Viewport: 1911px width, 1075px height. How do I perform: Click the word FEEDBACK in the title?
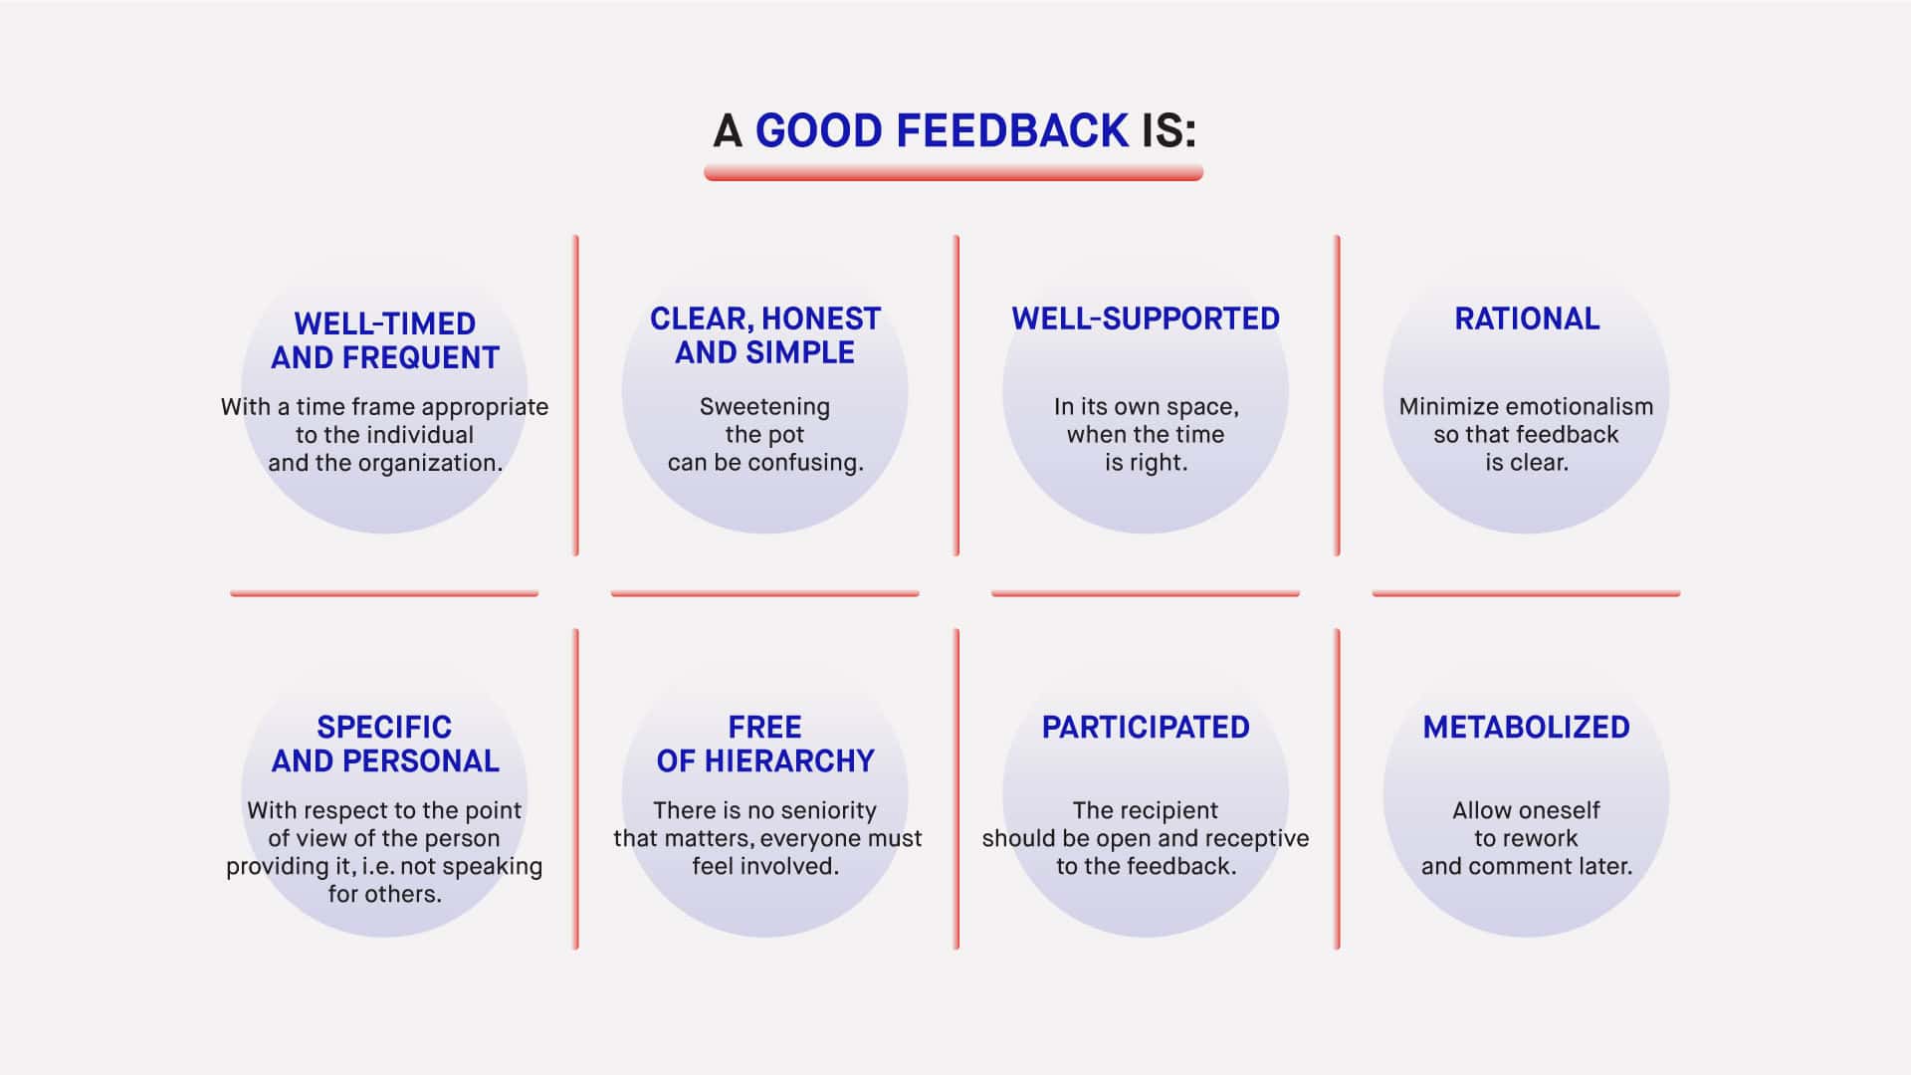(x=1012, y=131)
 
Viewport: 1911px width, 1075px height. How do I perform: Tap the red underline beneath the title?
(x=954, y=173)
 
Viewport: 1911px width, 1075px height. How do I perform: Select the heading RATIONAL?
(x=1527, y=319)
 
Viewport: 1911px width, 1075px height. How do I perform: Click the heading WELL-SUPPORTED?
(x=1146, y=319)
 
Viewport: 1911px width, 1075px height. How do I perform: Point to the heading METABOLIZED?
(x=1527, y=727)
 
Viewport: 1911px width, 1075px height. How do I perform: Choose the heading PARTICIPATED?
(x=1146, y=727)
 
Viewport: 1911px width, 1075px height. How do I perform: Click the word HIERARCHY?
(x=788, y=760)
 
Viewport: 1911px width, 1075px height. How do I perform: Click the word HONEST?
(x=821, y=319)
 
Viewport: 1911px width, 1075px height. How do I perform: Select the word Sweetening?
(x=764, y=406)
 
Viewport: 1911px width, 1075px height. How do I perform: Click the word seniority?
(x=822, y=810)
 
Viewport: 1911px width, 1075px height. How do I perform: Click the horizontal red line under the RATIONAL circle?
(x=1526, y=593)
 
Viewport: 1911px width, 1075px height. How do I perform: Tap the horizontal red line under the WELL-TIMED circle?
(x=384, y=593)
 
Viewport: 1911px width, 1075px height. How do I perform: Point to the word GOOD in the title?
(x=819, y=131)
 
